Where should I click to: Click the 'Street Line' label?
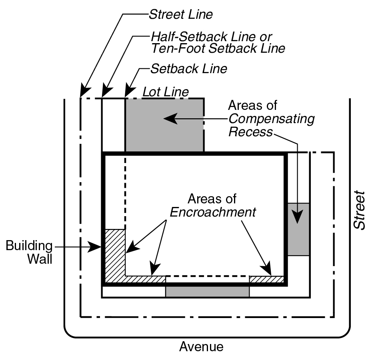point(180,15)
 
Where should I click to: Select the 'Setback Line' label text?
point(188,69)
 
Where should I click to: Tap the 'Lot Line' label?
point(165,92)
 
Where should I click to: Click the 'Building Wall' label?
point(29,252)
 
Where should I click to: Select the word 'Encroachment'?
point(213,212)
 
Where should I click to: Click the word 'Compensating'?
point(271,119)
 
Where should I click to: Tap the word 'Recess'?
point(250,132)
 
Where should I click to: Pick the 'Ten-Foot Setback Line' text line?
point(218,48)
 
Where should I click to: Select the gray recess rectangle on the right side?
point(298,229)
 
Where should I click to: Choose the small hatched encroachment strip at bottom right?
point(266,279)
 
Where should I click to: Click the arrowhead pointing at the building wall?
point(96,247)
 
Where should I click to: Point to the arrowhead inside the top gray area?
point(169,118)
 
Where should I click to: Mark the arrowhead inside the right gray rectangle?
point(298,218)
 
